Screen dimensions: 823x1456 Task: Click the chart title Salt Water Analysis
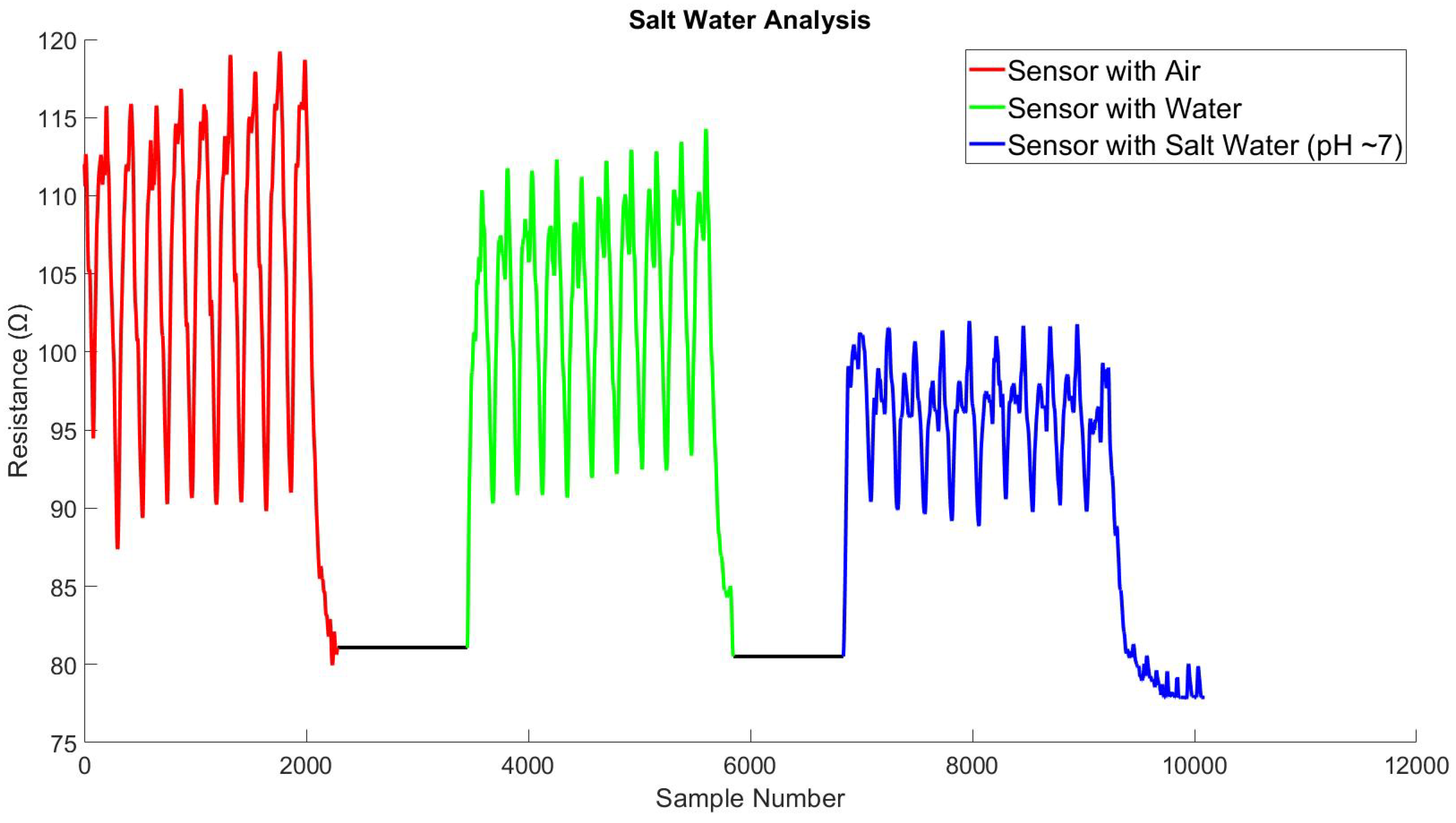point(750,20)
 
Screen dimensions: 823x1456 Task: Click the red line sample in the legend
point(986,70)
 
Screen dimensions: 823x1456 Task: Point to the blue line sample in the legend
point(986,145)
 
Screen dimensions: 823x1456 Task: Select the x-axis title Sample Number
point(750,798)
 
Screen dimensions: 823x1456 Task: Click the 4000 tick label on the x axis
point(529,766)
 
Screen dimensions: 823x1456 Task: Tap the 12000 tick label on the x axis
point(1415,766)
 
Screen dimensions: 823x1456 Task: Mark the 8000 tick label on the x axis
point(972,766)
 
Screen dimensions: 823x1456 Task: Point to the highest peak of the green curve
point(706,131)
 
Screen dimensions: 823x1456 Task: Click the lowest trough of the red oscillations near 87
point(117,546)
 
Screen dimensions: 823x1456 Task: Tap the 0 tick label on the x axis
point(85,766)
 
